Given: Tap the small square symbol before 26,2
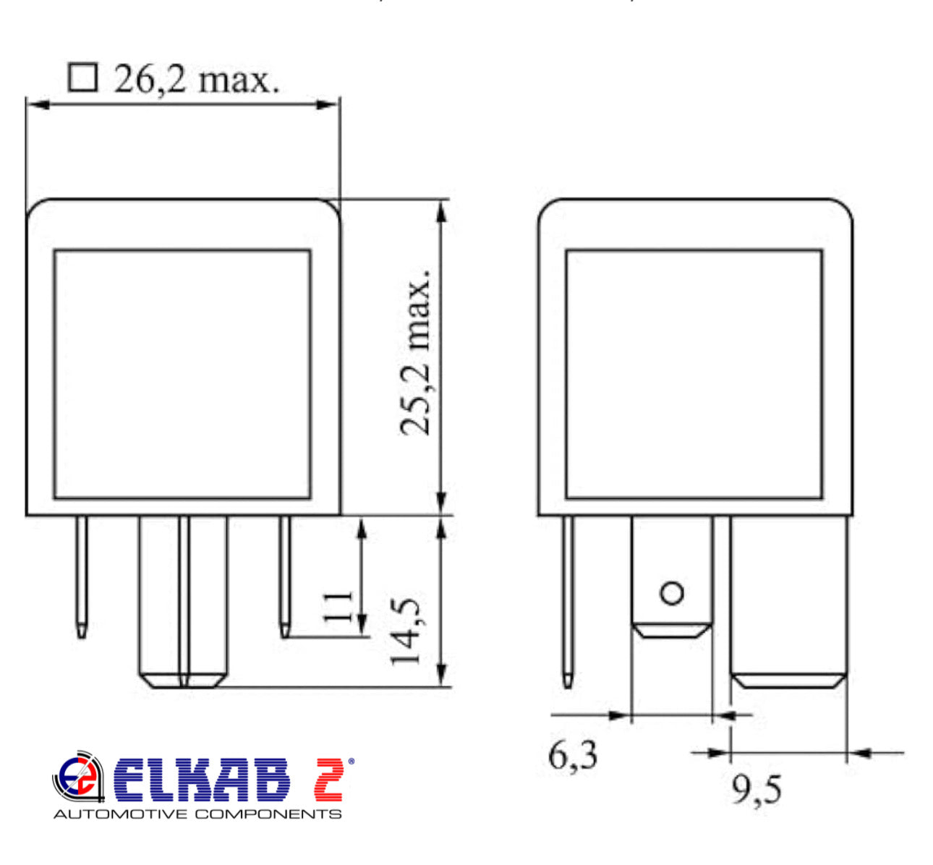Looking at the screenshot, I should pos(82,77).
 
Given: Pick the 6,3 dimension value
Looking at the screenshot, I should pos(573,757).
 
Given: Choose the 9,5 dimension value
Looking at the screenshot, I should pos(757,791).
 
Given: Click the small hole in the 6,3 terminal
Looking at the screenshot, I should pos(672,594).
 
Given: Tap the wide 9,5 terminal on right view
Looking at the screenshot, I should pos(788,600).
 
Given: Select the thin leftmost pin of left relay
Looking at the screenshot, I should pos(82,575).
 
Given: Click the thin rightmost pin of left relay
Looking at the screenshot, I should pos(286,575).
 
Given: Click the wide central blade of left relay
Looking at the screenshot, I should pos(183,600).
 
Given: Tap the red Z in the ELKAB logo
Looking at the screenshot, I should pos(329,780).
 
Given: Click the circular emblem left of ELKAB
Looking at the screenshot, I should pos(77,778).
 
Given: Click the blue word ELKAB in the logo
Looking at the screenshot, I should pos(201,780).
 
